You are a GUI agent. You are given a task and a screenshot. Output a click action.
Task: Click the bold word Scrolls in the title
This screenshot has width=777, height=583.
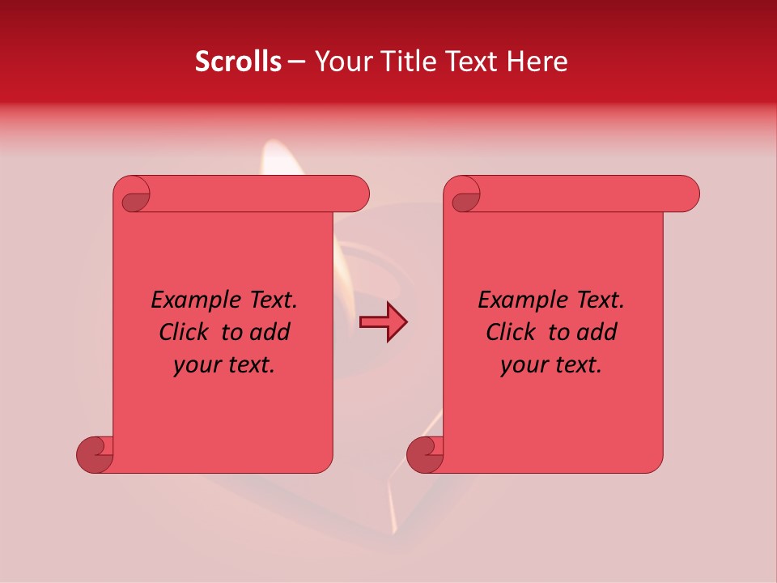click(x=238, y=62)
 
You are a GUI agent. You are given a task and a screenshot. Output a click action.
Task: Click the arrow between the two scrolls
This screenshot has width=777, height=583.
click(x=384, y=322)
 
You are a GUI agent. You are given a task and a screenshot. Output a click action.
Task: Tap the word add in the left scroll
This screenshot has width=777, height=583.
click(x=269, y=333)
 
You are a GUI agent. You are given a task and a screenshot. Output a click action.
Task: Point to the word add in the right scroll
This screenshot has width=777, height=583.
click(x=596, y=333)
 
